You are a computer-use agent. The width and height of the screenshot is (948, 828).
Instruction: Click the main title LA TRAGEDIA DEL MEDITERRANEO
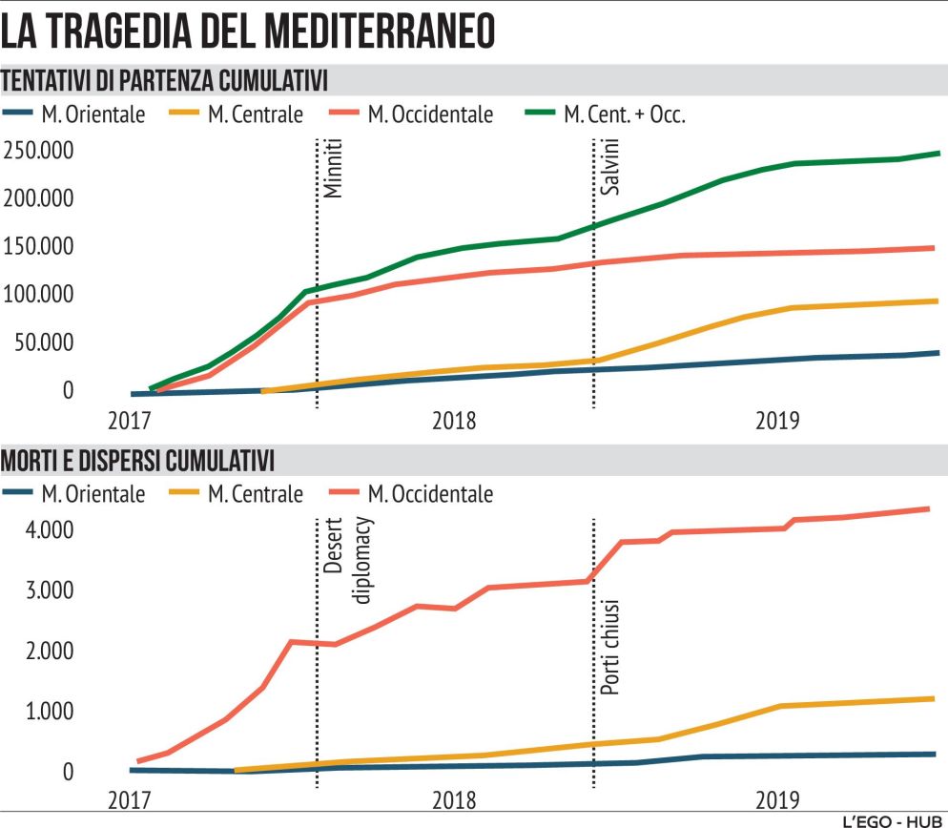pyautogui.click(x=250, y=31)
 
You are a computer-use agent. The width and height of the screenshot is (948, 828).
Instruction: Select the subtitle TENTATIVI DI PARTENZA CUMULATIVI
pyautogui.click(x=165, y=77)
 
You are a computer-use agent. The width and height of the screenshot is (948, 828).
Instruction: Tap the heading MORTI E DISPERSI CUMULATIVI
pyautogui.click(x=138, y=462)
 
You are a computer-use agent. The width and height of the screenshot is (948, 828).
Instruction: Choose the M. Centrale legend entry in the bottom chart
pyautogui.click(x=237, y=494)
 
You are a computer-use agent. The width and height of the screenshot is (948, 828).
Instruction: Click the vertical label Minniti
pyautogui.click(x=331, y=170)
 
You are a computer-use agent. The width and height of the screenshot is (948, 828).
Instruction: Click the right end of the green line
pyautogui.click(x=938, y=153)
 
